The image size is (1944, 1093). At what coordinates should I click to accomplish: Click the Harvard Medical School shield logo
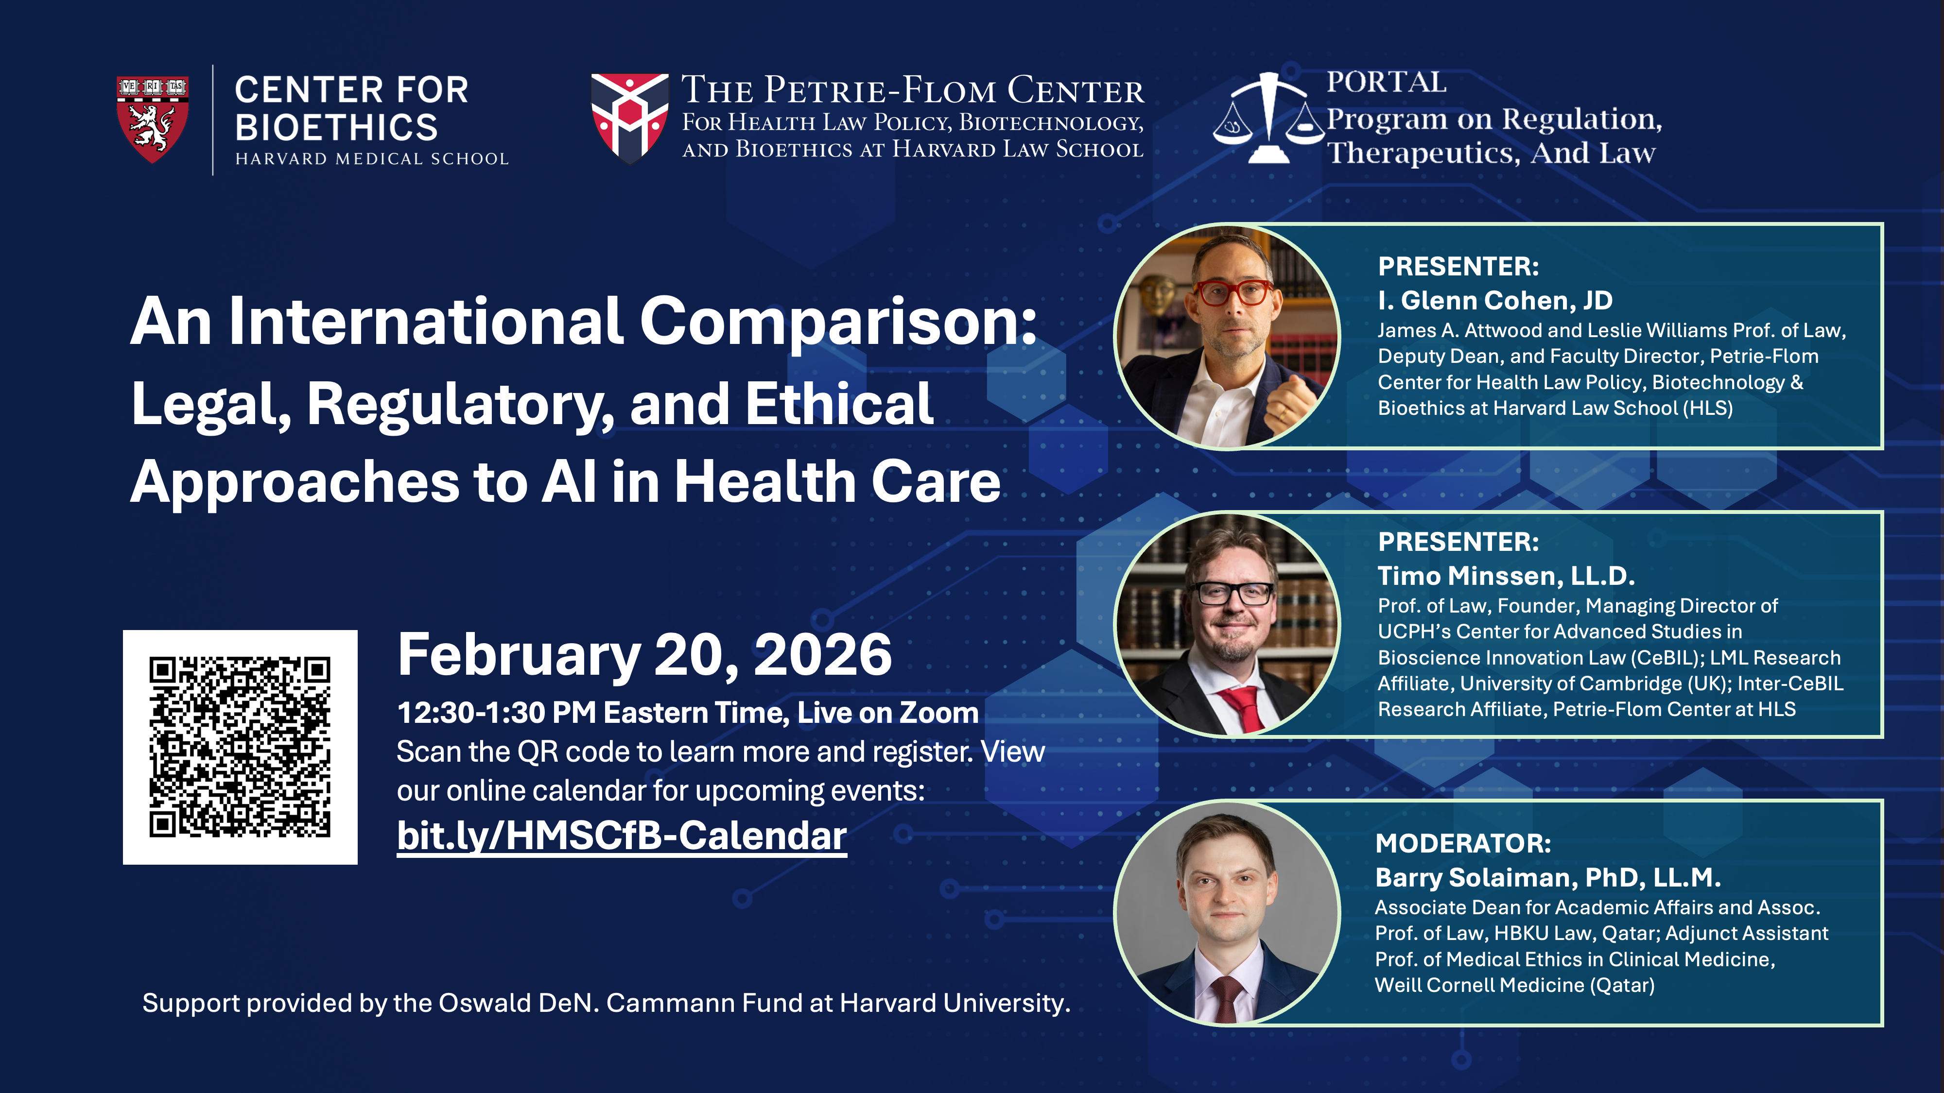tap(153, 119)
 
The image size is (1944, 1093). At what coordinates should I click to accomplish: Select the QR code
tap(240, 747)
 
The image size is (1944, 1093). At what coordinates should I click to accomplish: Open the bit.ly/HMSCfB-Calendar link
tap(622, 836)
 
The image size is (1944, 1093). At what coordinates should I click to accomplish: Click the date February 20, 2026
tap(644, 655)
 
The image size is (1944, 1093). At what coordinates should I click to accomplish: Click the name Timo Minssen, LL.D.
tap(1506, 576)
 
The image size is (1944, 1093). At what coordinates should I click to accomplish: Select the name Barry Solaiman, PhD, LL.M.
tap(1548, 877)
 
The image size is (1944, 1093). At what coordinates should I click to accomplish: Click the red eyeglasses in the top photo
tap(1232, 292)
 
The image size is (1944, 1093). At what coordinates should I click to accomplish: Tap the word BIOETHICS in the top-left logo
tap(337, 127)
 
